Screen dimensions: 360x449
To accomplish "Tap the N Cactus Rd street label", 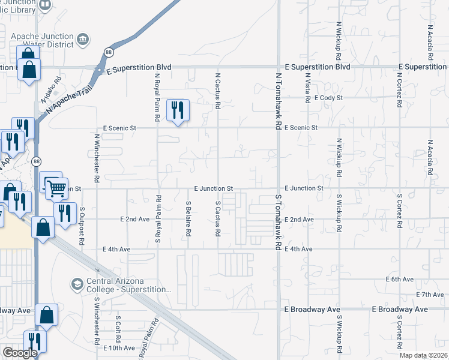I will (218, 92).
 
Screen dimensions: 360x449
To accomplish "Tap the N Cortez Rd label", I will (399, 89).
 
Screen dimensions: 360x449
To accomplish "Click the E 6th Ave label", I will (399, 280).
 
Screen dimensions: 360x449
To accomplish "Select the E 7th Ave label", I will (429, 295).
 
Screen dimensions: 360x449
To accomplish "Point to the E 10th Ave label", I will (119, 348).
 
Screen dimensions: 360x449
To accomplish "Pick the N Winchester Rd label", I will (97, 158).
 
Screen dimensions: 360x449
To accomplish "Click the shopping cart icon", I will (56, 188).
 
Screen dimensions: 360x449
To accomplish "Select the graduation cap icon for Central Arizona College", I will (77, 283).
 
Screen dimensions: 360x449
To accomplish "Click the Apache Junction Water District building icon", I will (82, 41).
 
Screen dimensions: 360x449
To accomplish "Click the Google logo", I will (20, 353).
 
